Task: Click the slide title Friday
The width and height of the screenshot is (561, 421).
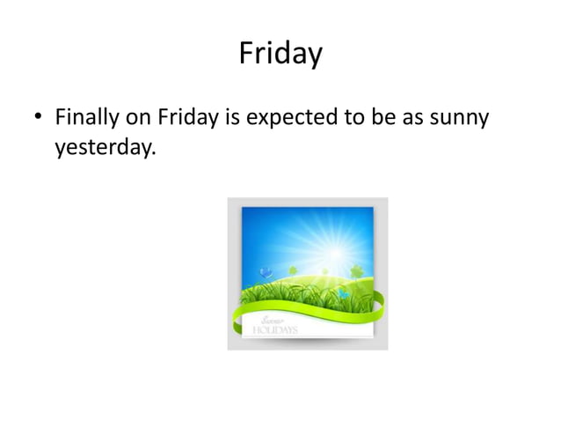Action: pyautogui.click(x=280, y=55)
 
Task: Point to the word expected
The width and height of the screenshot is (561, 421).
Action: pyautogui.click(x=290, y=117)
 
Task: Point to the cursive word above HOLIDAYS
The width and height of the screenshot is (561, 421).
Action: pyautogui.click(x=270, y=321)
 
